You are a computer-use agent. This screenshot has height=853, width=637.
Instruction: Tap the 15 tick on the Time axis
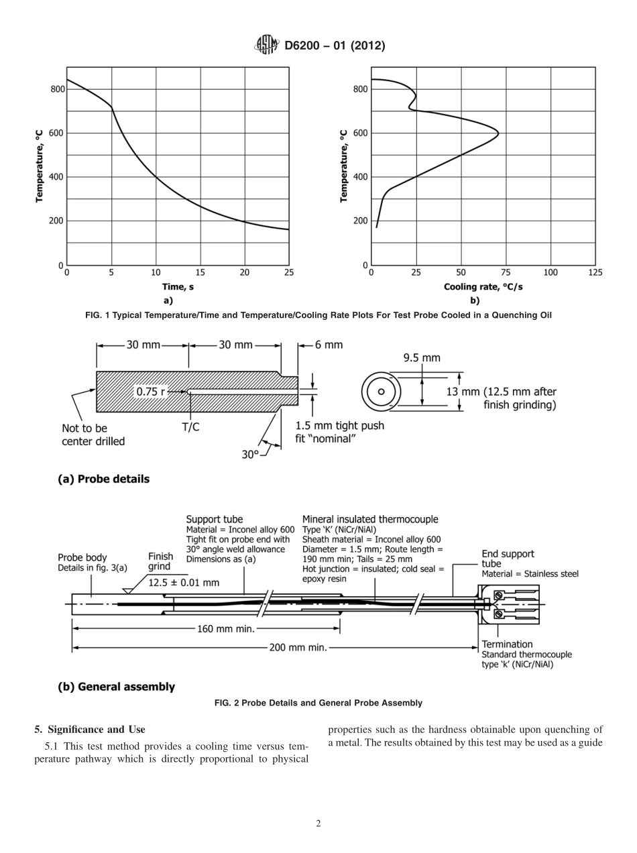tap(200, 272)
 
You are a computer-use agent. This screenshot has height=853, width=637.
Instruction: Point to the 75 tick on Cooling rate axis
tap(506, 272)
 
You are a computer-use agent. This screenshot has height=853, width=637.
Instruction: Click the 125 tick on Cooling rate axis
tap(595, 272)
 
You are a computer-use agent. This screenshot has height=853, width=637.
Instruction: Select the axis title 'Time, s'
tap(178, 287)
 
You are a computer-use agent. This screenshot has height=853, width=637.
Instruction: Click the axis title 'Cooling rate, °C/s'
tap(483, 287)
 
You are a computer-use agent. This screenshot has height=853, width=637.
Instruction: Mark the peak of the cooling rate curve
tap(498, 133)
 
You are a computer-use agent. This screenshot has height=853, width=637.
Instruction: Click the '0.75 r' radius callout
tap(151, 392)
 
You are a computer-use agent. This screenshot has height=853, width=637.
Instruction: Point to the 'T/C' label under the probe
tap(190, 427)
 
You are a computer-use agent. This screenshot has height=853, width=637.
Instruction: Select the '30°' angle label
tap(250, 454)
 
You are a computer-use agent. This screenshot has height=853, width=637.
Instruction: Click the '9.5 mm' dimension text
tap(422, 358)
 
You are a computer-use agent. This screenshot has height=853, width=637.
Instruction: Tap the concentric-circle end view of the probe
tap(381, 392)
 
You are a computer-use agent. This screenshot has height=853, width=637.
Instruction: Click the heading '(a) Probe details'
tap(104, 479)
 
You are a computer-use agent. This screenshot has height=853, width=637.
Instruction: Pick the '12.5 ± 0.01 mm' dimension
tap(184, 582)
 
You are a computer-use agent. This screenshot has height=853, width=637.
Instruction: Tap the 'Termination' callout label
tap(508, 644)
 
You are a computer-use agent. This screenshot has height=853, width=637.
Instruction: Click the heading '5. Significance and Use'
tap(90, 730)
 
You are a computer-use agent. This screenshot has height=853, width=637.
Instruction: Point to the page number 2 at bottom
tap(318, 824)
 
